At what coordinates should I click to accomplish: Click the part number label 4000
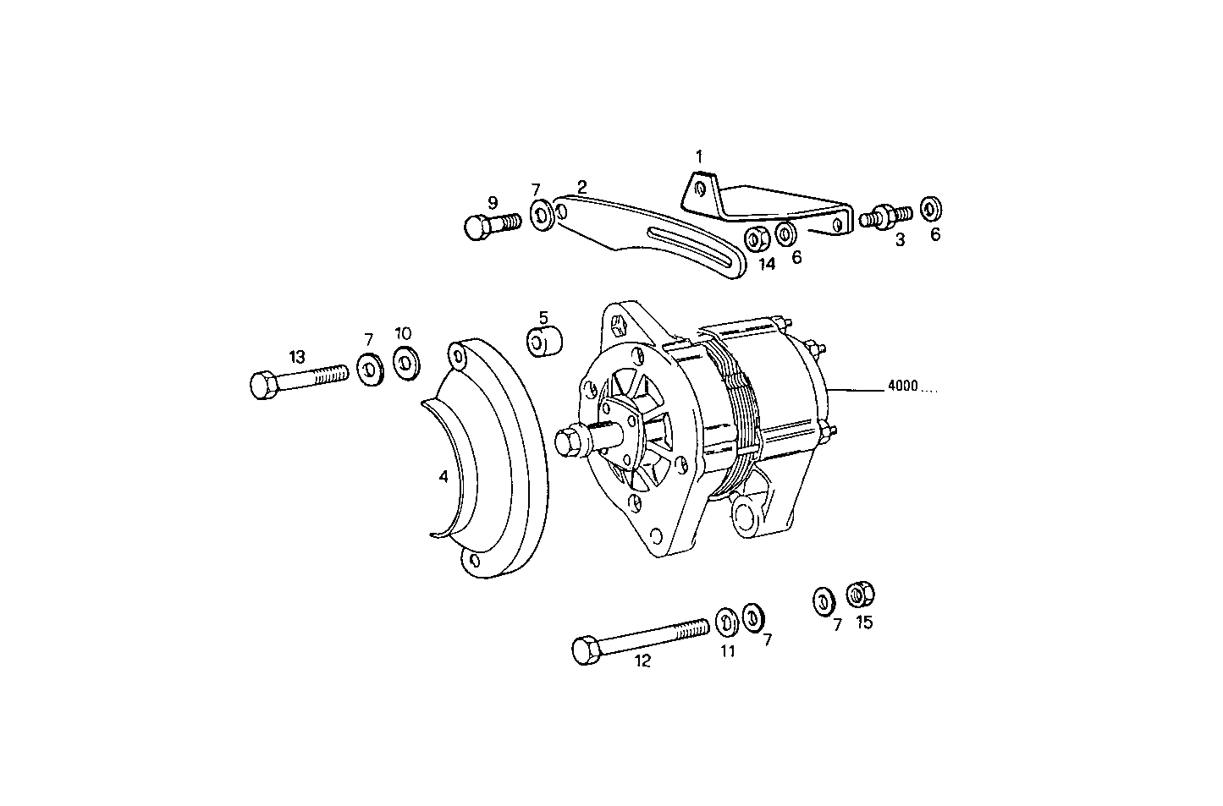(903, 387)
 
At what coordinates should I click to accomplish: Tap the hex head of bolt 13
(262, 385)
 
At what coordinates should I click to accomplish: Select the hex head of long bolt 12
(585, 650)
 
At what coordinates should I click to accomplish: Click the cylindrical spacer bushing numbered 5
(544, 343)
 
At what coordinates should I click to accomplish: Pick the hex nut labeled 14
(756, 239)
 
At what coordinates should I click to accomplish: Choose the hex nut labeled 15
(861, 595)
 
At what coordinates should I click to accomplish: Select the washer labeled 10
(405, 363)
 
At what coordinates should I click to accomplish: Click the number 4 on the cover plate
(443, 477)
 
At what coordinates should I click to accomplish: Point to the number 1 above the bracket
(699, 156)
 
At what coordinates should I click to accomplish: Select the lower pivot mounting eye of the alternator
(746, 513)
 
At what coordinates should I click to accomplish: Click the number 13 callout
(296, 357)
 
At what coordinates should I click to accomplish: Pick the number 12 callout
(642, 661)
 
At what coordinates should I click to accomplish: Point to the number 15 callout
(864, 622)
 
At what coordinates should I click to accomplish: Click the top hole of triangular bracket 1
(698, 188)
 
